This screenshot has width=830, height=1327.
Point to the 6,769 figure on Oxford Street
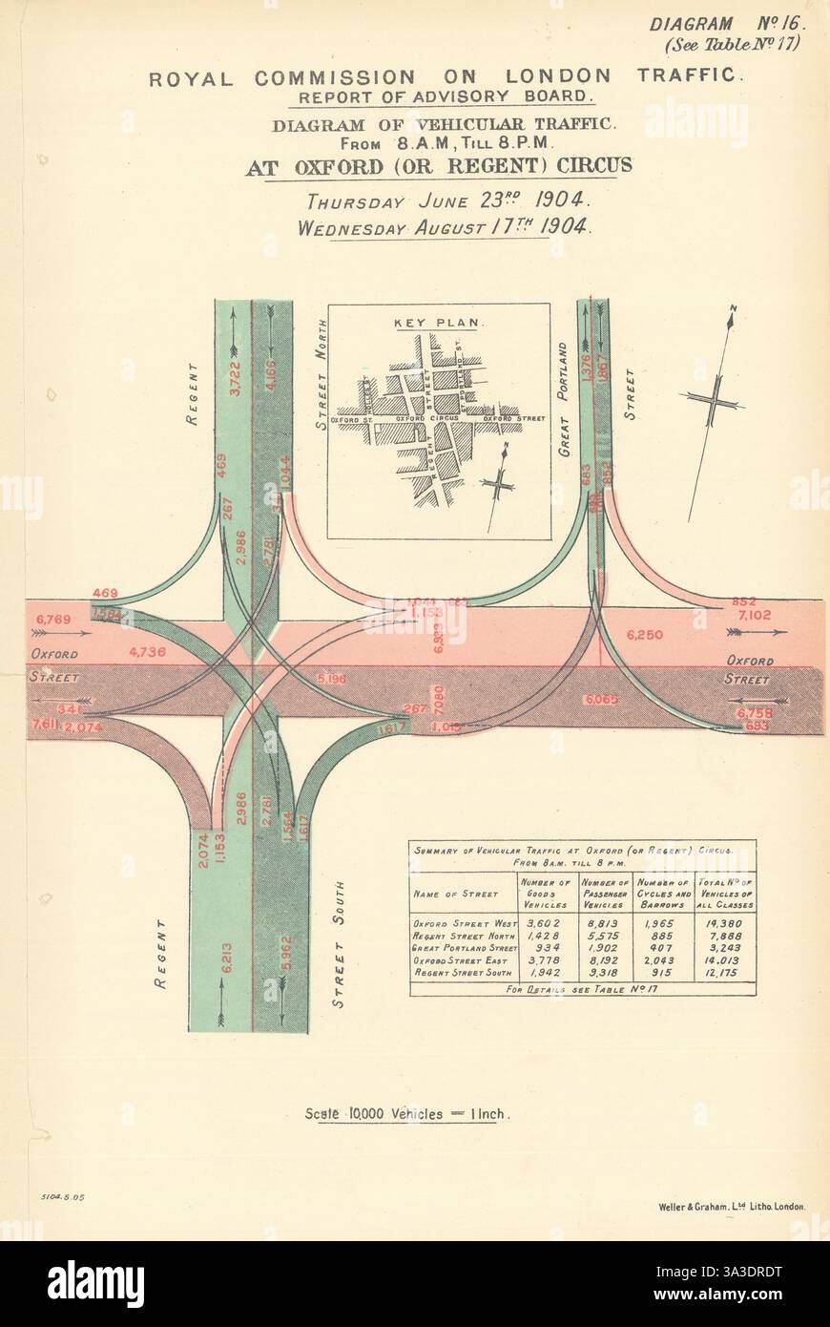[53, 621]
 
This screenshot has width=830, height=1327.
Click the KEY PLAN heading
[438, 323]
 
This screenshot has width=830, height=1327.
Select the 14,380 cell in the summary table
[725, 923]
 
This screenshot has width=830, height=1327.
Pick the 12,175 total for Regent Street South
[725, 972]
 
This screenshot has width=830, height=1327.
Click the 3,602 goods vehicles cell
[547, 923]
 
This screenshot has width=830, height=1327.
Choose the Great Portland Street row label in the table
[464, 948]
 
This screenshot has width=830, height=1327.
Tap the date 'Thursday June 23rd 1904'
[447, 201]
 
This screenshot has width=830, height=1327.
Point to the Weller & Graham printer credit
[732, 1206]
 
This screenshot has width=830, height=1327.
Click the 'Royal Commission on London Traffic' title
[444, 77]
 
